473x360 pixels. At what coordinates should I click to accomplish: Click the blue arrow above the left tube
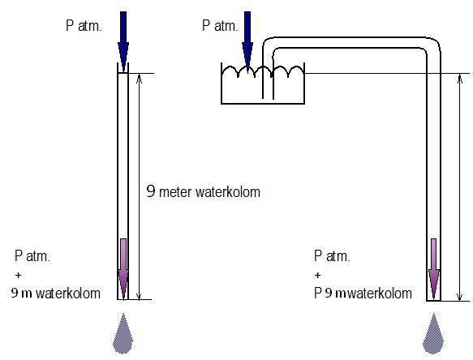pos(123,41)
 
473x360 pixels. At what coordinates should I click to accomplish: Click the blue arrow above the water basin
pos(247,41)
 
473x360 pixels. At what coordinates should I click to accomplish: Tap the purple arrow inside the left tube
pos(123,269)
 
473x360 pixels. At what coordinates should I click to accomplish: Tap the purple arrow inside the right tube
pos(434,269)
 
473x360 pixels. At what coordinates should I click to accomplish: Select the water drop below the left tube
pos(123,333)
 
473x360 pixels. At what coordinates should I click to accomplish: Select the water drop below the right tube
pos(433,333)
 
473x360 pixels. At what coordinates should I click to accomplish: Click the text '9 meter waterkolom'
pos(204,191)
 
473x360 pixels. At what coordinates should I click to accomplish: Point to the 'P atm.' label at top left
pos(84,26)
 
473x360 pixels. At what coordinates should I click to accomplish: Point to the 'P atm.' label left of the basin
pos(220,26)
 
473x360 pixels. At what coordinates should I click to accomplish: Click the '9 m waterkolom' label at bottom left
pos(56,293)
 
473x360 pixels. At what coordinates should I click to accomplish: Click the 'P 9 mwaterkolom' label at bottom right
pos(363,293)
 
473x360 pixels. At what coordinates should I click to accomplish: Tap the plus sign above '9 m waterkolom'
pos(18,275)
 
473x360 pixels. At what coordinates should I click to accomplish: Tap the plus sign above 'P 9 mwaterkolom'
pos(317,275)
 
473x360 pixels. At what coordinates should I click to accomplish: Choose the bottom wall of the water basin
pos(263,104)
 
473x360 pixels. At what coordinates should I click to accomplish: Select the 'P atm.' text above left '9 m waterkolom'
pos(32,256)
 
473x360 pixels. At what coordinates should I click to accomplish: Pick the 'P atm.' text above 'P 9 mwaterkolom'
pos(332,256)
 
